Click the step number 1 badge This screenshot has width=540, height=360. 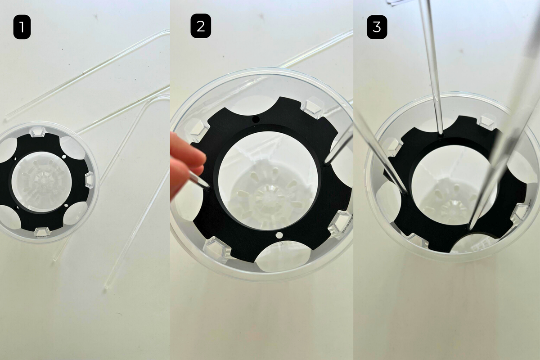(22, 27)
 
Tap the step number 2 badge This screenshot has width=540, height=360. (201, 26)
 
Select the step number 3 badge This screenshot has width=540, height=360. (377, 27)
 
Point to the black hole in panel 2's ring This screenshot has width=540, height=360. (256, 119)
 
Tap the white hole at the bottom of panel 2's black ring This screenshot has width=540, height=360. (279, 235)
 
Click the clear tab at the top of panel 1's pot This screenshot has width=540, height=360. (37, 131)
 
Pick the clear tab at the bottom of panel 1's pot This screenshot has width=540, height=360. (43, 232)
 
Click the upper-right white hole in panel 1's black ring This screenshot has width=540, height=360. (64, 157)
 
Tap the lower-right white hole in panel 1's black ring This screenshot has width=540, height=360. (66, 206)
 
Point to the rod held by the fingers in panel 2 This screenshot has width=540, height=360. (198, 180)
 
